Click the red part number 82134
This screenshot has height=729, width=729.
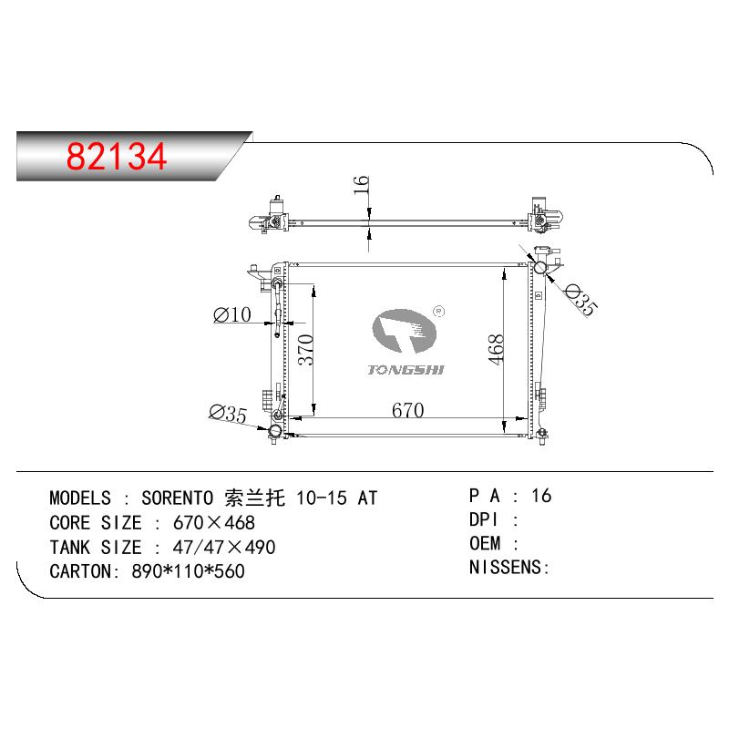(x=117, y=156)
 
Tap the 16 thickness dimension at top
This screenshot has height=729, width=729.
(x=361, y=185)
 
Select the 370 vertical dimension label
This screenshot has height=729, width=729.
(x=305, y=350)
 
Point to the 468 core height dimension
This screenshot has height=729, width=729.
(x=496, y=349)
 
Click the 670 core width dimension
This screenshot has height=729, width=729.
(x=407, y=410)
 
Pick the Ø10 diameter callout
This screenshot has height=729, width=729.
(x=232, y=314)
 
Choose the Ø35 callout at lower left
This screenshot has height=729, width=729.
(x=228, y=414)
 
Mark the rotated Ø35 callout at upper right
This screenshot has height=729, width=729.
(x=580, y=300)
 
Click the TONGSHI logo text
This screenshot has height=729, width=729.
(x=406, y=370)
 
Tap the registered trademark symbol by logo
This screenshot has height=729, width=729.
(x=438, y=312)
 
